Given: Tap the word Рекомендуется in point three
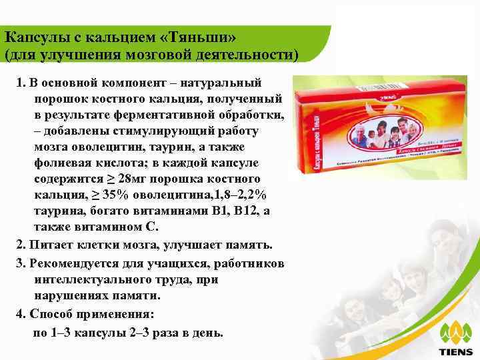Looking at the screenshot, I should pyautogui.click(x=73, y=263).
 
